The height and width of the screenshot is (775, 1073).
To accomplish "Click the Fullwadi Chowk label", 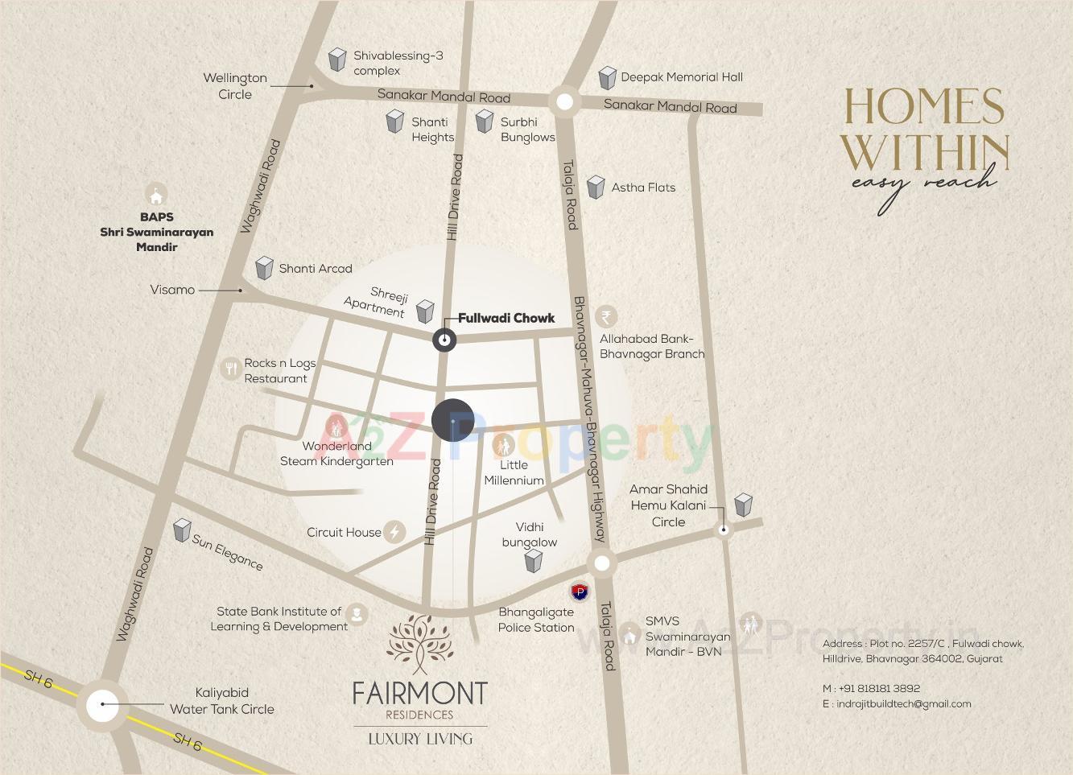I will [x=506, y=318].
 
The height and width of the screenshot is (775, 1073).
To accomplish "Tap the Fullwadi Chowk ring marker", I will [x=444, y=340].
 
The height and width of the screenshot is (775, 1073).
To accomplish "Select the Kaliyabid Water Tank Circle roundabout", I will [x=102, y=705].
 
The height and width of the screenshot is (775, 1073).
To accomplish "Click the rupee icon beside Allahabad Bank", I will [x=606, y=316].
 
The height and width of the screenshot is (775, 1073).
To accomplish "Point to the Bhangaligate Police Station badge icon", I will [x=579, y=592].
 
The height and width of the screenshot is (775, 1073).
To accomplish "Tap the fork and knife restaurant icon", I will [x=231, y=369].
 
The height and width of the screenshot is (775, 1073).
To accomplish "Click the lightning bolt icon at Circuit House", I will [x=394, y=532].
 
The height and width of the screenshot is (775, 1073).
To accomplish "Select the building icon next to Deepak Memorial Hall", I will [x=607, y=78].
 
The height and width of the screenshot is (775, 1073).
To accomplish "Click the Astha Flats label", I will [x=643, y=188].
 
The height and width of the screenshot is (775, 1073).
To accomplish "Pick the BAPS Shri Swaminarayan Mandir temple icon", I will [x=156, y=195].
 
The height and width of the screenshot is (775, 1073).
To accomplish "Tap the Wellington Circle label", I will [x=234, y=86].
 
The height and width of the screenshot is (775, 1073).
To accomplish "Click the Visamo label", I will [x=172, y=290].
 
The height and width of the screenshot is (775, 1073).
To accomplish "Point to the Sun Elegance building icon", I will [x=182, y=530].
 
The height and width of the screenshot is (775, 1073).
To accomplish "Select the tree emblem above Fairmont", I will [x=419, y=645].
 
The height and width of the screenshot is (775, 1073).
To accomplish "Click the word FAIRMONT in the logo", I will [x=419, y=693].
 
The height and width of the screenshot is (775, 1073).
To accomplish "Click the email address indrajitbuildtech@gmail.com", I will [x=903, y=703].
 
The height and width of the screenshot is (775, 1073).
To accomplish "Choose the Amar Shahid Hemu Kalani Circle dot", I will [x=724, y=530].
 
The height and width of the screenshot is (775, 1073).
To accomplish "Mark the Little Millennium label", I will [x=514, y=472].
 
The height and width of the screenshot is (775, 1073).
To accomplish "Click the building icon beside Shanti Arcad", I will [x=264, y=268].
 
